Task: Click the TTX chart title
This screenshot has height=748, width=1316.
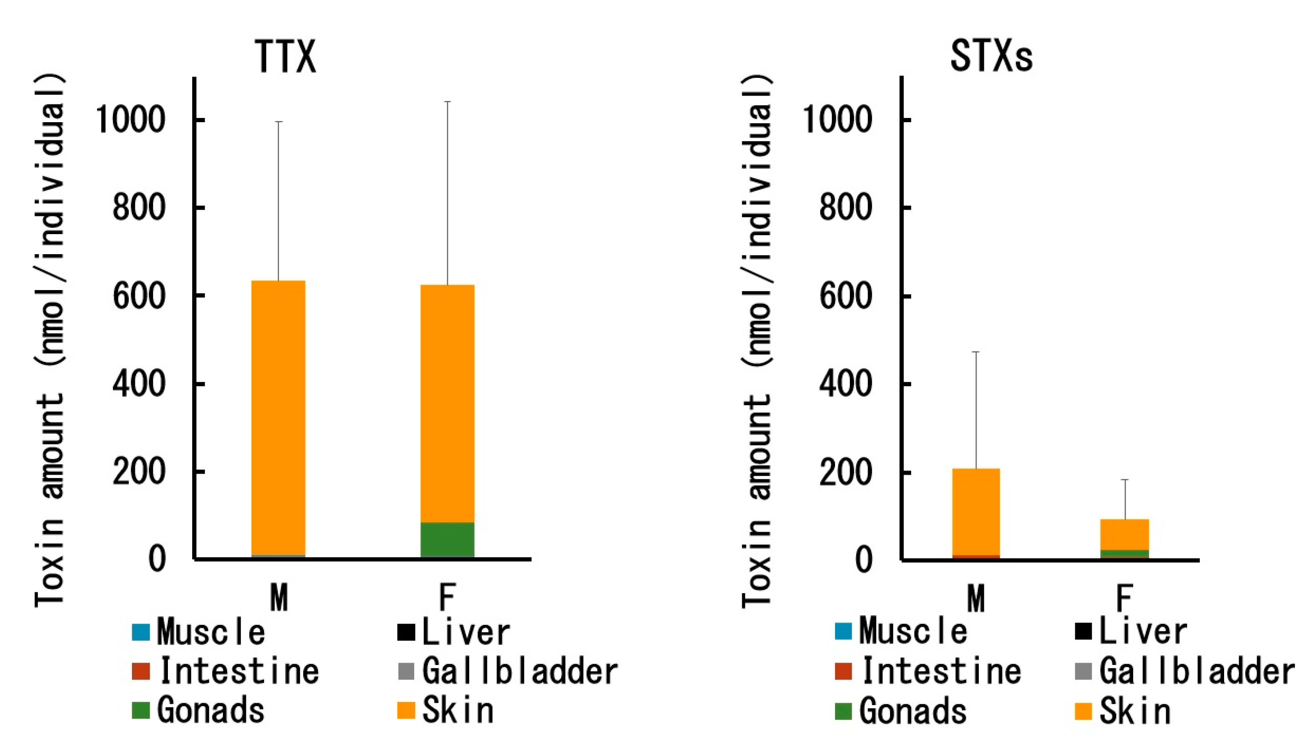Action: [285, 56]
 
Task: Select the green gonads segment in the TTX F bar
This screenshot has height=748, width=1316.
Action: [447, 540]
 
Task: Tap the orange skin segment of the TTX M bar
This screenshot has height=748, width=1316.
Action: [278, 416]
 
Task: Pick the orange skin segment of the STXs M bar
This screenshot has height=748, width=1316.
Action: [975, 511]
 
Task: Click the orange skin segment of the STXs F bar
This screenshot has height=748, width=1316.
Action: [1124, 534]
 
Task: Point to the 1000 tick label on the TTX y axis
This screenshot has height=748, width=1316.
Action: [131, 120]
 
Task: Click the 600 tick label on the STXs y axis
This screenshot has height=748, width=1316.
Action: [845, 297]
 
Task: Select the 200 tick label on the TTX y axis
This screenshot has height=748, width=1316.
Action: [139, 471]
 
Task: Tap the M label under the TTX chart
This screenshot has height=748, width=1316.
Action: [279, 597]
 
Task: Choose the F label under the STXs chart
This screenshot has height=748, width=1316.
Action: [1124, 597]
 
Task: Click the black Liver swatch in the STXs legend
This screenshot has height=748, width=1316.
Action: [1083, 632]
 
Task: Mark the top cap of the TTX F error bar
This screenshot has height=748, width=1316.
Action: [447, 102]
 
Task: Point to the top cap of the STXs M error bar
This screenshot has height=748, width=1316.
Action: [975, 352]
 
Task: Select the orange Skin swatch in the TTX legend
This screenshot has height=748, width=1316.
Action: [406, 711]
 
